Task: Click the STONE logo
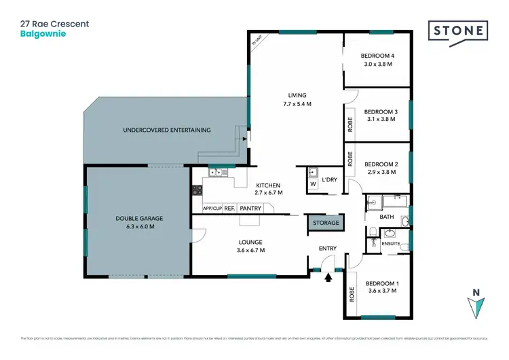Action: pos(458,31)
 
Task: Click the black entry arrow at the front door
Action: pos(329,276)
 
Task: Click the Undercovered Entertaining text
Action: pos(166,130)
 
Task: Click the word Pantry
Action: pos(250,209)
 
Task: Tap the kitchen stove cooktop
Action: pos(197,191)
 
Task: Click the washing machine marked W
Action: pos(313,183)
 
